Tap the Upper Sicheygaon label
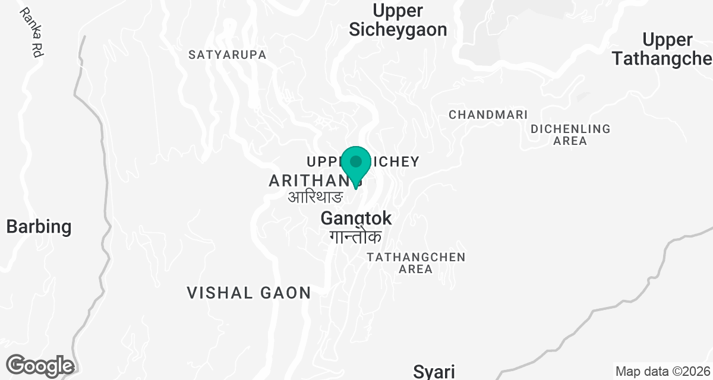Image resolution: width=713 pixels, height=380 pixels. click(397, 20)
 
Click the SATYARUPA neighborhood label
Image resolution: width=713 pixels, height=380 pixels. click(227, 55)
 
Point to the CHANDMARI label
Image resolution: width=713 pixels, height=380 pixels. click(487, 115)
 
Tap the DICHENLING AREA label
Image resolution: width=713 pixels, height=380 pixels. click(570, 135)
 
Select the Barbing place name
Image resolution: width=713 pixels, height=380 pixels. click(39, 226)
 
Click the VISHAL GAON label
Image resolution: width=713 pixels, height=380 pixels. click(249, 293)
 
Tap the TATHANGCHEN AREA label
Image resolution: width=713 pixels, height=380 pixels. click(416, 263)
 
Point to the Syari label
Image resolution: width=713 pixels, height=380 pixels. click(434, 372)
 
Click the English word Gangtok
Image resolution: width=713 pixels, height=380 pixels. click(356, 218)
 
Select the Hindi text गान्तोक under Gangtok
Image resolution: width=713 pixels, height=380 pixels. click(356, 237)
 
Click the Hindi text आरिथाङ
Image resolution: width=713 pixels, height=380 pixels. click(316, 197)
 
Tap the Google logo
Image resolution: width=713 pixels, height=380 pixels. click(40, 365)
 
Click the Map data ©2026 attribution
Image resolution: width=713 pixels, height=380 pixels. click(662, 372)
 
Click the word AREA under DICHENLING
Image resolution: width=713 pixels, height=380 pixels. click(570, 141)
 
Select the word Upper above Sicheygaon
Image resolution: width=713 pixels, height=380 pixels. click(397, 11)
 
